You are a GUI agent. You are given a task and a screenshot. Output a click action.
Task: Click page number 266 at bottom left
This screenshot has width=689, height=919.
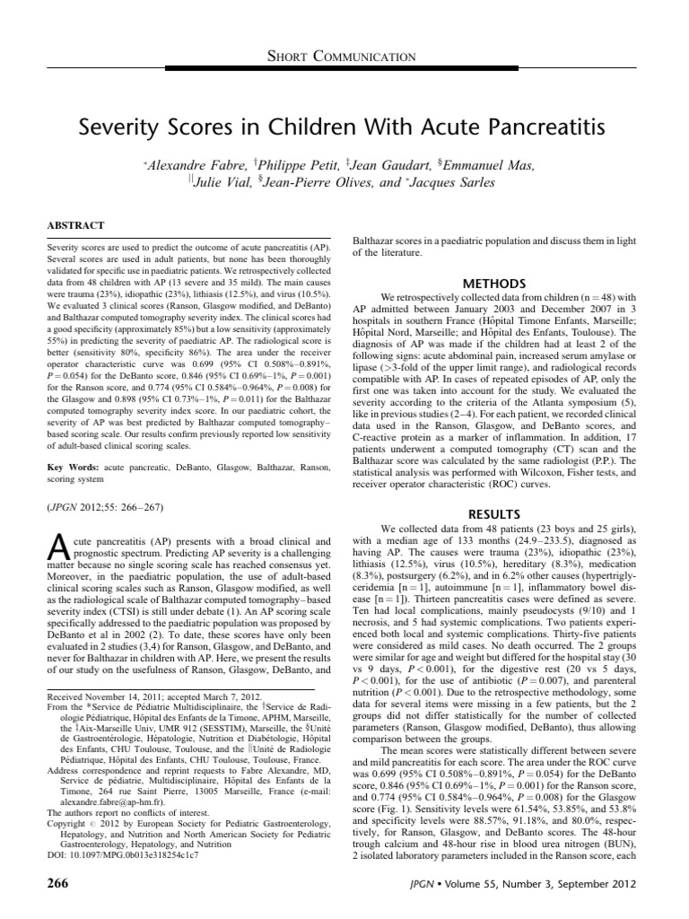57,885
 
